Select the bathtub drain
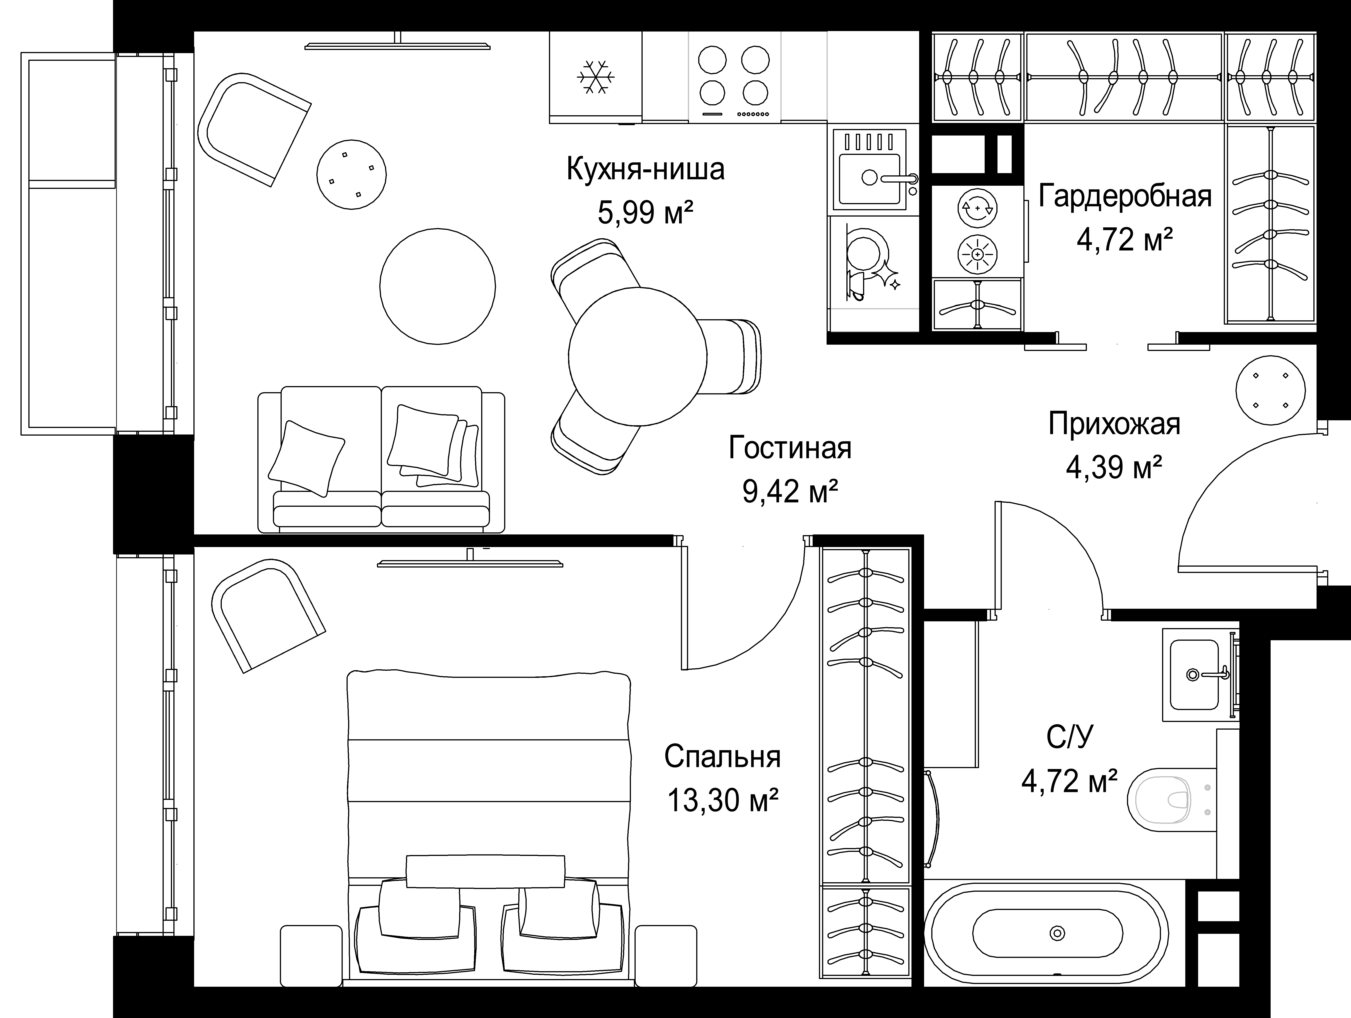click(1057, 933)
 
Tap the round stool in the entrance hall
click(1270, 390)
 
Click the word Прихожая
click(1114, 424)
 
